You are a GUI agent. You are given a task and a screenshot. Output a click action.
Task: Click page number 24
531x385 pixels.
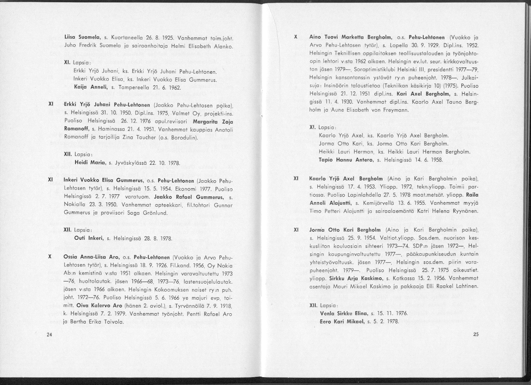click(x=49, y=334)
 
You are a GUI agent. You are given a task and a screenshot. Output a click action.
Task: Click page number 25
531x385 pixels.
click(x=475, y=334)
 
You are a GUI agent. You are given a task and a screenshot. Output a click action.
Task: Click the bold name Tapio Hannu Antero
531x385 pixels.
click(x=346, y=159)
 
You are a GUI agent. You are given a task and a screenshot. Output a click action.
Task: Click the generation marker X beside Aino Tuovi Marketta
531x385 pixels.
click(x=296, y=37)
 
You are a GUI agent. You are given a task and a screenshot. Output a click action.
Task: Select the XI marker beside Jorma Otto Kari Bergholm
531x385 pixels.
click(x=296, y=230)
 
